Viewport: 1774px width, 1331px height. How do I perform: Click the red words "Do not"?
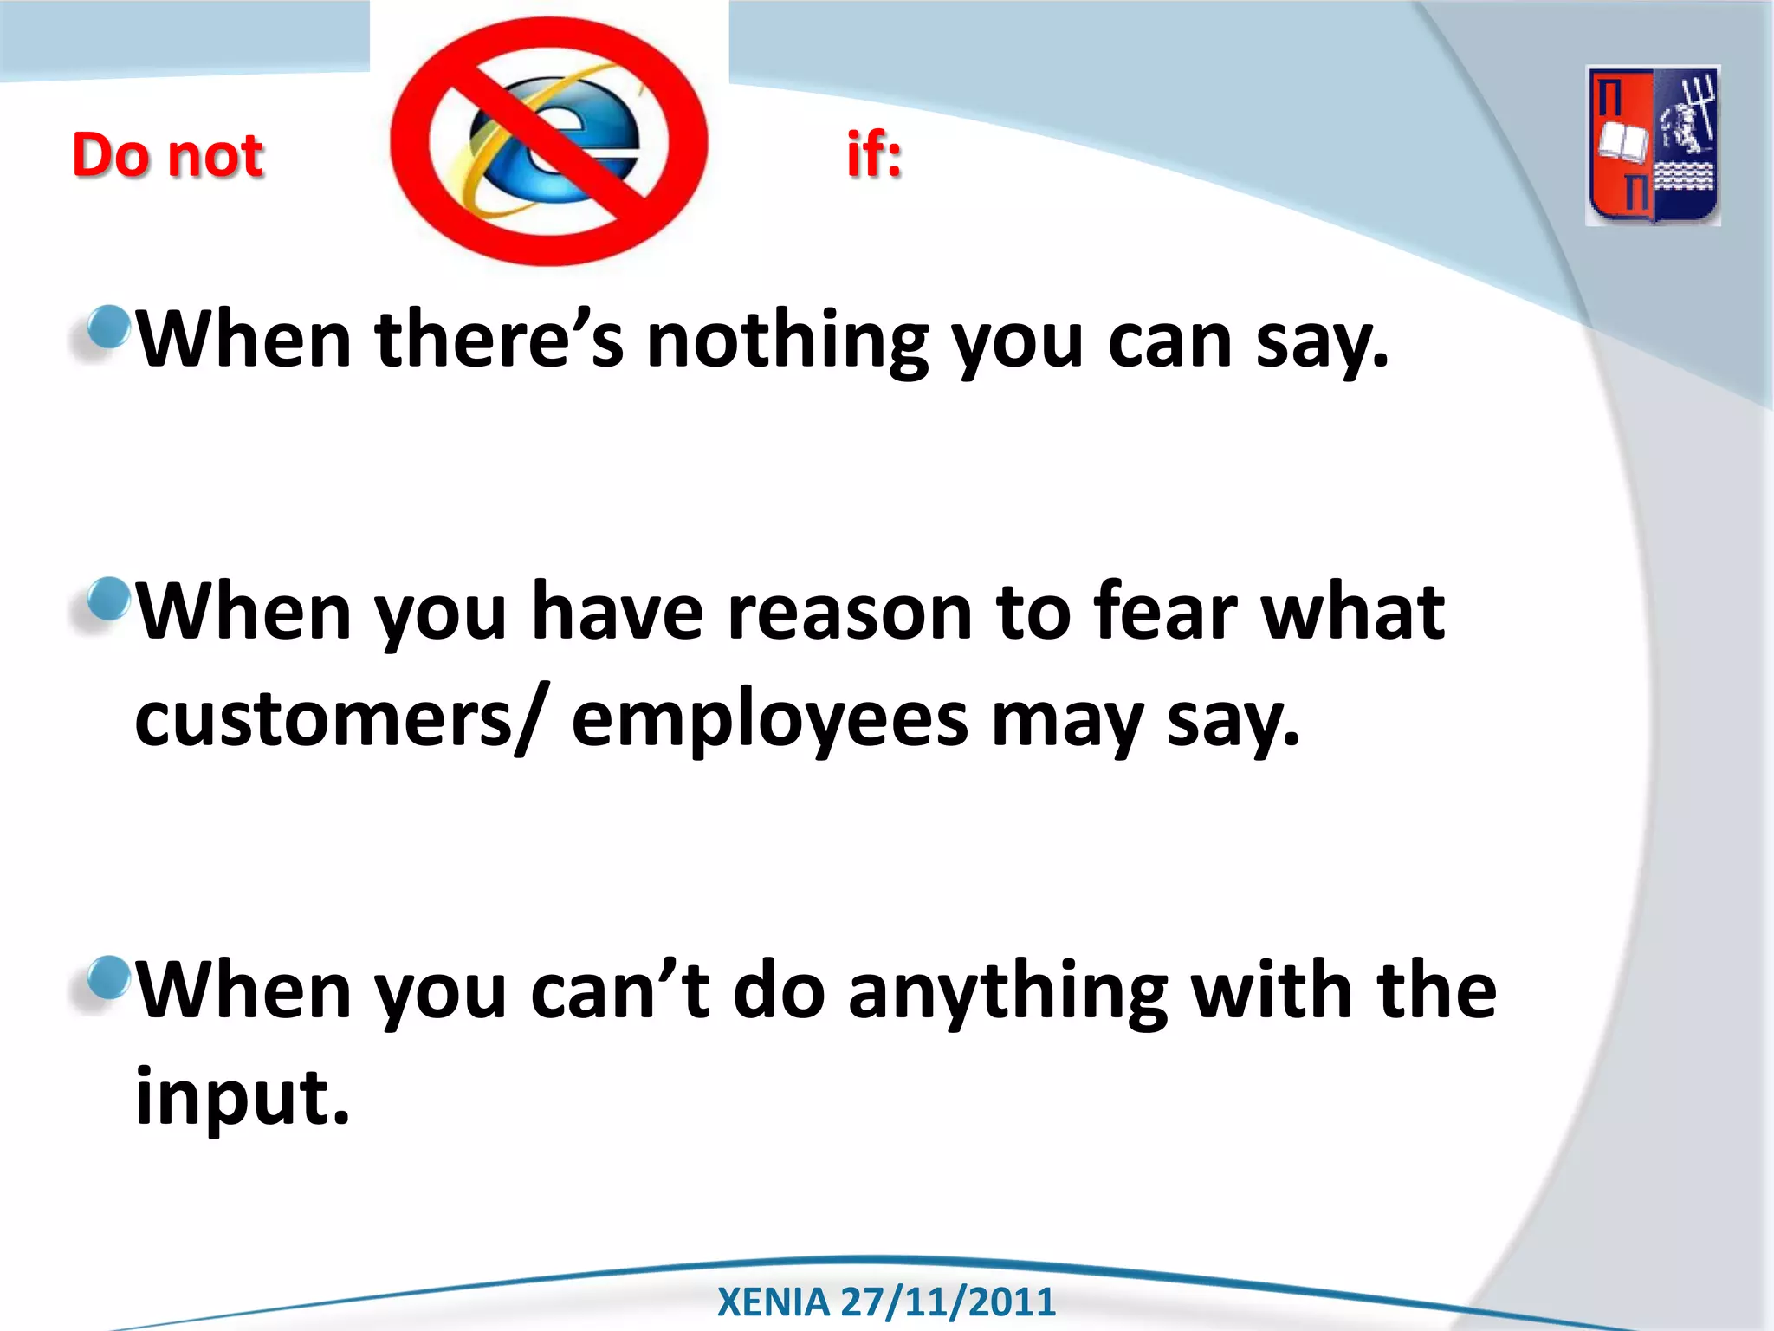click(x=167, y=156)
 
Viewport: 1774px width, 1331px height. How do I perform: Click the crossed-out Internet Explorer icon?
click(x=549, y=141)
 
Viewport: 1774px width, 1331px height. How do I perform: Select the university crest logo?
click(x=1653, y=146)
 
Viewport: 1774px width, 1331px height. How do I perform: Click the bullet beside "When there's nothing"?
click(x=108, y=328)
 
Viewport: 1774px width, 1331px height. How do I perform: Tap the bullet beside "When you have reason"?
click(x=108, y=600)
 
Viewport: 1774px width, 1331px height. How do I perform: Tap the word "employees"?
click(x=769, y=721)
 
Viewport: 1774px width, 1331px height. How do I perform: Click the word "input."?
click(x=243, y=1098)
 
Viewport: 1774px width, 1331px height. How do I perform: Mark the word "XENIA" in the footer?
click(x=773, y=1302)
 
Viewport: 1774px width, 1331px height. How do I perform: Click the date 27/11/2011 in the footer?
click(x=948, y=1302)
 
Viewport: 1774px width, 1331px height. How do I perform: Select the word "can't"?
click(x=620, y=992)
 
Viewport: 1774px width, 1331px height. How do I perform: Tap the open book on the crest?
click(x=1622, y=141)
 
